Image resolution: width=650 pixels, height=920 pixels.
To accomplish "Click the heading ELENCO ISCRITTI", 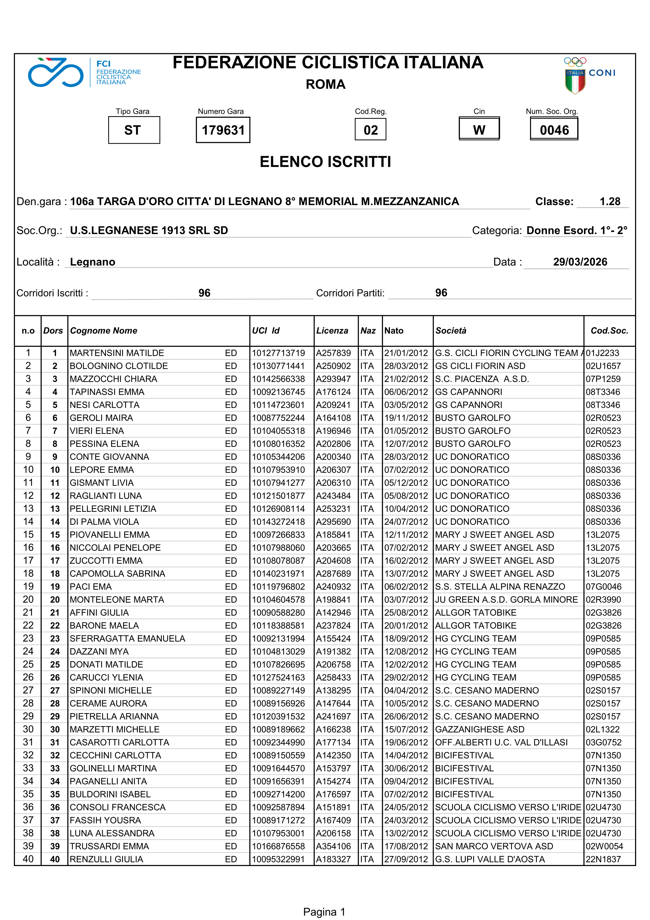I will coord(325,162).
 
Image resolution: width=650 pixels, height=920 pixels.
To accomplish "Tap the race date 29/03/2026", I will coord(580,262).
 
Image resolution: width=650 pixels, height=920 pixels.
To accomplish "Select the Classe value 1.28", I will coord(610,202).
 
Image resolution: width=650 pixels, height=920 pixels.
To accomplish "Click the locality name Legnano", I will coord(92,262).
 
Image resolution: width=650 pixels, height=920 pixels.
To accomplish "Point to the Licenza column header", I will coord(332,331).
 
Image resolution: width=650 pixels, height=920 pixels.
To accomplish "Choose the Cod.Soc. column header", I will coord(609,331).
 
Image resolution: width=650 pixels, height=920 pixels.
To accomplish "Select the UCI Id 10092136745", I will coord(278,392).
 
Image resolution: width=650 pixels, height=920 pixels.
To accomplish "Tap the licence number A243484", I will coord(333,496).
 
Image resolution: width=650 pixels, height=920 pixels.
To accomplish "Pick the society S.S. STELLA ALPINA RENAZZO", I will coord(500,587).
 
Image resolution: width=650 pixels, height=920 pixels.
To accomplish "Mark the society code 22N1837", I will coord(603,859).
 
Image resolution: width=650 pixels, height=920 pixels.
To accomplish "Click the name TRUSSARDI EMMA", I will coord(109,846).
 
